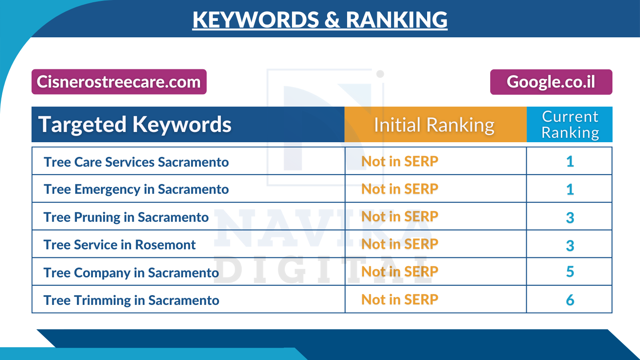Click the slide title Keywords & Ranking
coord(320,20)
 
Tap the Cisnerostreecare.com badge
coord(119,82)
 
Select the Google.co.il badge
coord(551,82)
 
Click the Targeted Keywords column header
coord(135,124)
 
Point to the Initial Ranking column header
coord(434,125)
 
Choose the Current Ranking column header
coord(570,124)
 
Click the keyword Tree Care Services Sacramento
coord(136,162)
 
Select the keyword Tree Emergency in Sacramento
coord(136,189)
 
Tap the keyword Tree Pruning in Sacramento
coord(126,217)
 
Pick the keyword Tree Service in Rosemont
coord(120,244)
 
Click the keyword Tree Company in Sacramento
coord(131,272)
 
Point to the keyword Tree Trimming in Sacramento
coord(131,300)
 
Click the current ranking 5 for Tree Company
coord(570,272)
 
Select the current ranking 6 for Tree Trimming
coord(570,300)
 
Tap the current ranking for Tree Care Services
coord(570,162)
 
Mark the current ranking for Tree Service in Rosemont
coord(570,245)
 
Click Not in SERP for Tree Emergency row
coord(400,189)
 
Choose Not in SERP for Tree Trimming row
coord(400,300)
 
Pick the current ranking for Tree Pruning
coord(570,218)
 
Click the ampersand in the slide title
coord(332,20)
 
